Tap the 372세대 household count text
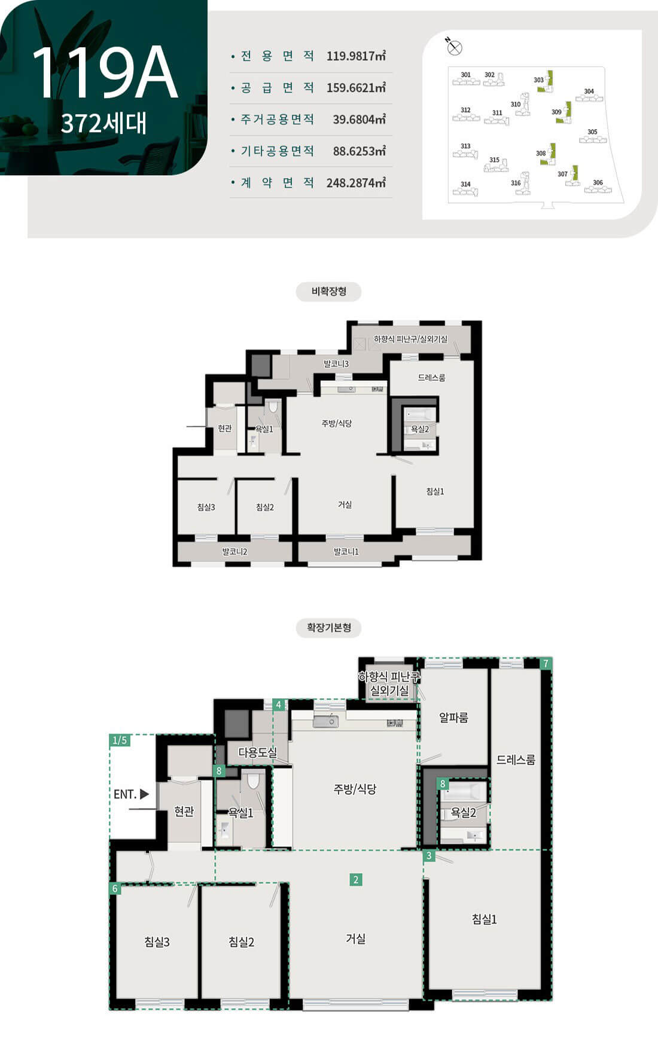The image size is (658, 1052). pos(103,123)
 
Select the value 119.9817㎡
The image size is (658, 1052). pos(356,56)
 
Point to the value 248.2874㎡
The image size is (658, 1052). pos(356,183)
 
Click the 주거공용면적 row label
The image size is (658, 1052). pos(278,119)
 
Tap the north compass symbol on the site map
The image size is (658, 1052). pos(454,47)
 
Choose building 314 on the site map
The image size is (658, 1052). pos(465,188)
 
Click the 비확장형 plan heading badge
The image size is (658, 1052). pos(329,292)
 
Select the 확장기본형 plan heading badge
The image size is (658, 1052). pos(329,628)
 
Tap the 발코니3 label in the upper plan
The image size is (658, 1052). pos(336,363)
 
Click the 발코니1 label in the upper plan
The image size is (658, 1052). pos(346,552)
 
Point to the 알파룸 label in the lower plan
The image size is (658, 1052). pos(453,717)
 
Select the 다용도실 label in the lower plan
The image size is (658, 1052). pos(257,752)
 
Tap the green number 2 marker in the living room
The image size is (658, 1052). pos(356,879)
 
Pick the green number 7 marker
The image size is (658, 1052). pos(546,663)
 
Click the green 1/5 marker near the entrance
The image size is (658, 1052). pos(120,740)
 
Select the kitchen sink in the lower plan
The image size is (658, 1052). pos(325,721)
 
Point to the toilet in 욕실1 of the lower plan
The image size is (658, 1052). pos(254,779)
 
